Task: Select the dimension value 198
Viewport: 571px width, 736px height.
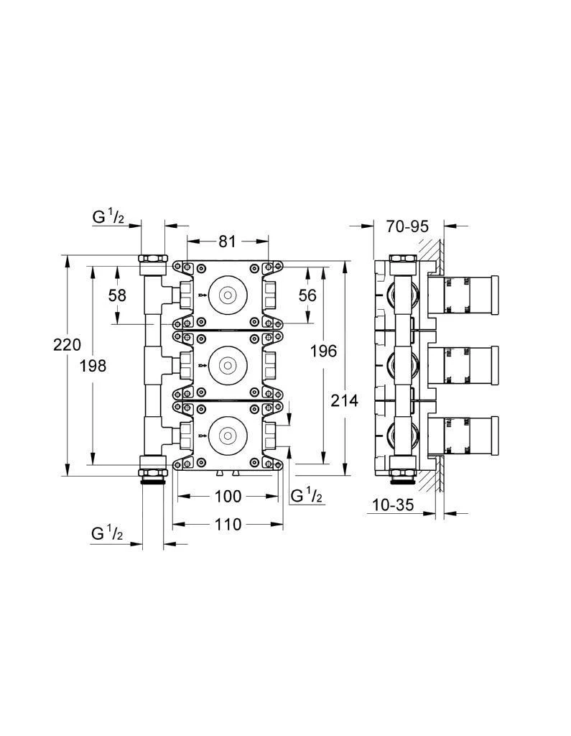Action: (x=93, y=366)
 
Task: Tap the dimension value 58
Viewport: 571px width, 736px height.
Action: (x=118, y=295)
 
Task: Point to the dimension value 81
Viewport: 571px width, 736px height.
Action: (x=227, y=241)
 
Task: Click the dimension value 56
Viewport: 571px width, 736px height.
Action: (x=307, y=295)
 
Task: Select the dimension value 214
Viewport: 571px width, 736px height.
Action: (x=345, y=400)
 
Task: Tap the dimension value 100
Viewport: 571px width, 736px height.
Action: (x=228, y=496)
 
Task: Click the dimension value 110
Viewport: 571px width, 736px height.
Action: (x=228, y=525)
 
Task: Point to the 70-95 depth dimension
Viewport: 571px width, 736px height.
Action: (x=407, y=226)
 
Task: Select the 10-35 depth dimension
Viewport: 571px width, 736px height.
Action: (x=393, y=505)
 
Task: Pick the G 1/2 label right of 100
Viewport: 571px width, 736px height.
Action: (x=306, y=495)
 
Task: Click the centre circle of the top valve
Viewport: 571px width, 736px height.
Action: (x=228, y=295)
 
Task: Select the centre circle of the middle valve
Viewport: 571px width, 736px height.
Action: (x=228, y=365)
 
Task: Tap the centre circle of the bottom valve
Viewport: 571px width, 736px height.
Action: (x=228, y=436)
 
